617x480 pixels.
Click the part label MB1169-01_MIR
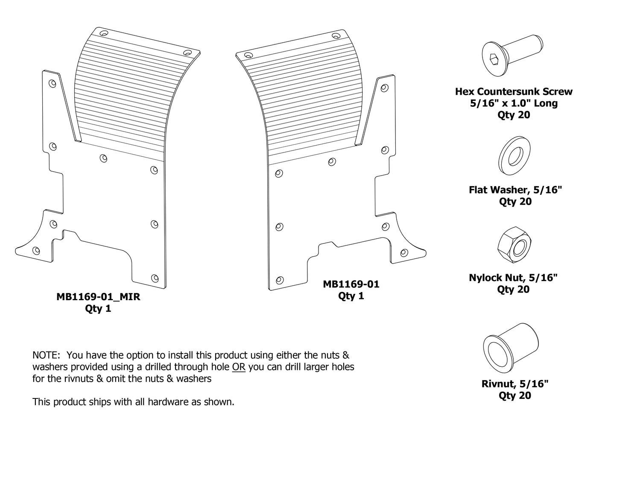(98, 297)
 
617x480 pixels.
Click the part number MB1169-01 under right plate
(351, 284)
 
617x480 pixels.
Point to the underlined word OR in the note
(239, 367)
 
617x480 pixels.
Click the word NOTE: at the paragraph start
(47, 355)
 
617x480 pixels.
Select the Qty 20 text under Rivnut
(515, 395)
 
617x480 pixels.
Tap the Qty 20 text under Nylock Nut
(513, 290)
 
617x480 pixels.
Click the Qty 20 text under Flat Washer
(515, 202)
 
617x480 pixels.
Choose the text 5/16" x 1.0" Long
(514, 103)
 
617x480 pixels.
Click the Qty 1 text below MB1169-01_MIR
(98, 309)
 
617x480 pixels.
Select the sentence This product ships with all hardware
(133, 402)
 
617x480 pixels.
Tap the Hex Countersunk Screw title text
(514, 91)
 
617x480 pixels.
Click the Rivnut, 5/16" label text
(515, 383)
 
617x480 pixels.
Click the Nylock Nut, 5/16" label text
(513, 278)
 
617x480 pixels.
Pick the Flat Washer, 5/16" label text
(515, 190)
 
